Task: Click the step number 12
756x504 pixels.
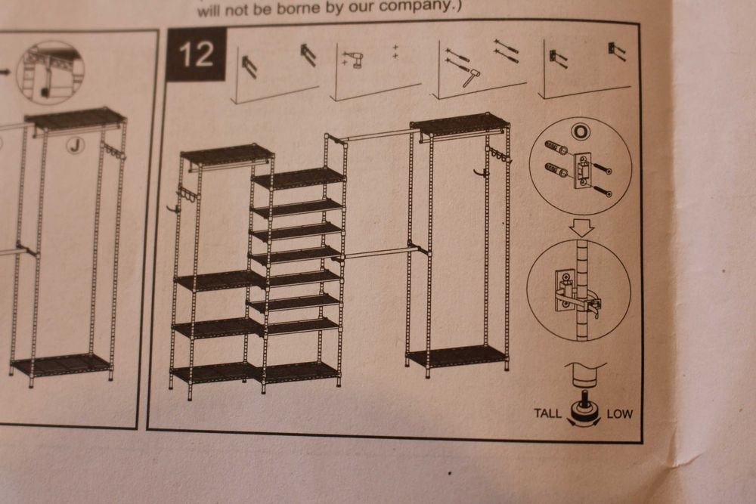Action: (x=196, y=54)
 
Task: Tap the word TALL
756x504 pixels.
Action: (x=547, y=413)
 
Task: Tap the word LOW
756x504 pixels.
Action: (x=620, y=414)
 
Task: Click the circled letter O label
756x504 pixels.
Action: (x=581, y=131)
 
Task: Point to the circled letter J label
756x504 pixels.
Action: (x=75, y=144)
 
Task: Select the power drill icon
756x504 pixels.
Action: (x=357, y=59)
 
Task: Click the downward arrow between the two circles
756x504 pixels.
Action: (x=582, y=227)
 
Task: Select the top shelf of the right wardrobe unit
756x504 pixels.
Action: (x=460, y=125)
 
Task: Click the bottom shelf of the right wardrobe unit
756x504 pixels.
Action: (x=457, y=357)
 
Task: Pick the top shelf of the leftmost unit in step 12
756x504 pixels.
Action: (x=227, y=155)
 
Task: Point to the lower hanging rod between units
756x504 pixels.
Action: (x=374, y=253)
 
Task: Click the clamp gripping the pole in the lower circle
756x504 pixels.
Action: (x=577, y=295)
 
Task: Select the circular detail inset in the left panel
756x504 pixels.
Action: (x=50, y=73)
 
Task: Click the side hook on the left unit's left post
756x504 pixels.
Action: (x=173, y=208)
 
